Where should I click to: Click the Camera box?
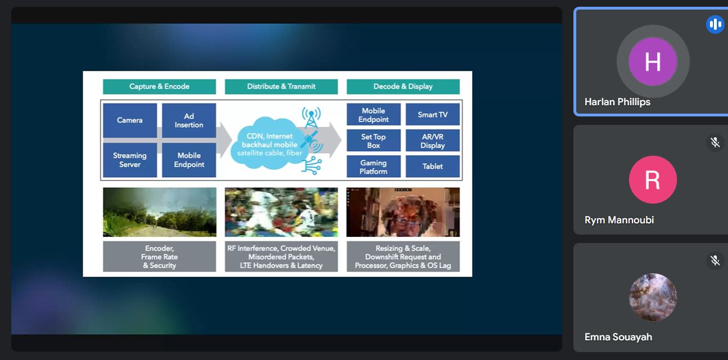(x=130, y=120)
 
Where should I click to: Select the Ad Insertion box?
(x=189, y=120)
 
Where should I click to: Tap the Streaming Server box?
(x=130, y=160)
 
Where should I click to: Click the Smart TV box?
(x=432, y=115)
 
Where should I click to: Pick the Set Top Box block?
(x=373, y=141)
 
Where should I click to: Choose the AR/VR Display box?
(x=432, y=141)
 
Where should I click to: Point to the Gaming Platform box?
(x=373, y=166)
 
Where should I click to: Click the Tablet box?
(x=432, y=166)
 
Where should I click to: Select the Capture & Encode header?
(x=159, y=87)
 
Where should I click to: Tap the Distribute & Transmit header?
(x=281, y=87)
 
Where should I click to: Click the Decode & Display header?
(x=403, y=87)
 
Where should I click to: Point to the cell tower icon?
(x=311, y=117)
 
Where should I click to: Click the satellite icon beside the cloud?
(x=311, y=141)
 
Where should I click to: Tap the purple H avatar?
(x=653, y=61)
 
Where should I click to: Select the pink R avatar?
(x=653, y=179)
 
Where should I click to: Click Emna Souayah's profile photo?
(x=653, y=297)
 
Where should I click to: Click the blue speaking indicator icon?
(x=715, y=24)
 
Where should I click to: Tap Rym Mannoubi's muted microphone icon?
(x=715, y=142)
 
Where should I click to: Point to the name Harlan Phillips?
(x=617, y=102)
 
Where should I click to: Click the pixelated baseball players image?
(x=281, y=212)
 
